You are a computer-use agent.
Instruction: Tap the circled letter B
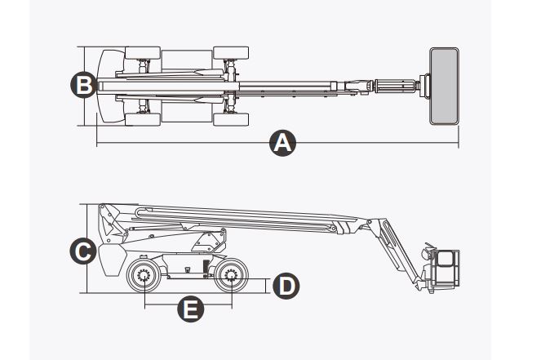click(82, 85)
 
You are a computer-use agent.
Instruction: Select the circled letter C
click(82, 251)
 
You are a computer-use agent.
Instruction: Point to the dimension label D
click(286, 286)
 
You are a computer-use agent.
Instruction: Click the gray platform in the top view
click(444, 86)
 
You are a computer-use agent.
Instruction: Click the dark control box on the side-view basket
click(444, 259)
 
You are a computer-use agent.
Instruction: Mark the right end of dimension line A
click(459, 144)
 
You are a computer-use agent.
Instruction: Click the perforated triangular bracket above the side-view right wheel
click(212, 242)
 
